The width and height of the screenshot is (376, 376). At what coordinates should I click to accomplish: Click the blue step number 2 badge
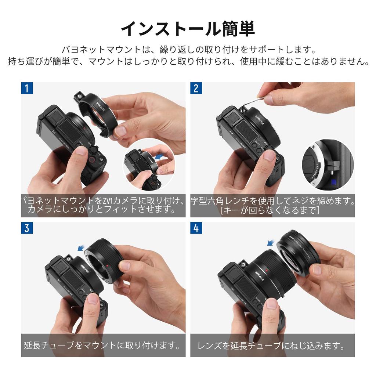point(196,88)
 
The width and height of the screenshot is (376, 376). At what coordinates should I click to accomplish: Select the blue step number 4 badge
point(196,228)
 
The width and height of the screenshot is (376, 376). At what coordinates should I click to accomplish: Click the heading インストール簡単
point(188,29)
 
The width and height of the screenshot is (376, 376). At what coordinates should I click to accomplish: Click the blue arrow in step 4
point(271,242)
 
